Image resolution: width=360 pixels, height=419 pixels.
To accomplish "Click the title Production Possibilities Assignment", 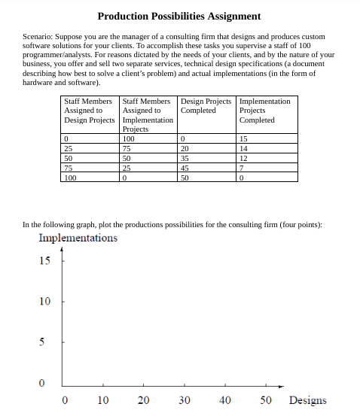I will click(179, 16).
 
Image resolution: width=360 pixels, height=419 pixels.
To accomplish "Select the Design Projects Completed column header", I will click(206, 105).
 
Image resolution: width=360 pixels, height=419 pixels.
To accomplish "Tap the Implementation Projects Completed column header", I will click(264, 111).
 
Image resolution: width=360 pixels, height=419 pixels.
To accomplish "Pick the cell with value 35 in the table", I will click(185, 158).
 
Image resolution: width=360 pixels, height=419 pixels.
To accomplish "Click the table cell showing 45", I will click(185, 168).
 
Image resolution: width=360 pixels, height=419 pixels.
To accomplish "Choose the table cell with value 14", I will click(243, 149).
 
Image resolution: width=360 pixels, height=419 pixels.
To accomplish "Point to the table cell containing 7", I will click(241, 168).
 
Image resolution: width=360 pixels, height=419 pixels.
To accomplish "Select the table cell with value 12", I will click(243, 158).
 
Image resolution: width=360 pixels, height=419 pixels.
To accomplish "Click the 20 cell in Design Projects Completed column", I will click(185, 149).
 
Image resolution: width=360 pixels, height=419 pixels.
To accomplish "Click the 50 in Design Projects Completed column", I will click(185, 178).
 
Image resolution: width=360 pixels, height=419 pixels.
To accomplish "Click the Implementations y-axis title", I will click(78, 238).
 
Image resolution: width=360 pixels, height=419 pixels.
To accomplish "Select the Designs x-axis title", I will click(307, 400).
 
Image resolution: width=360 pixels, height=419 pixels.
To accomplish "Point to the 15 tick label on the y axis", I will click(44, 261).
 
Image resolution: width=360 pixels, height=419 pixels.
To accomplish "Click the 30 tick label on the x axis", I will click(184, 400).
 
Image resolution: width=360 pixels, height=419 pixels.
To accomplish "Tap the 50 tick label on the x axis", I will click(265, 400).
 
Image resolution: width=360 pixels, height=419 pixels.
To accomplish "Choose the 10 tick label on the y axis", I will click(44, 302).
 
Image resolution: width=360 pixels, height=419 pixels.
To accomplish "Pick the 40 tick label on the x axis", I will click(224, 400).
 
